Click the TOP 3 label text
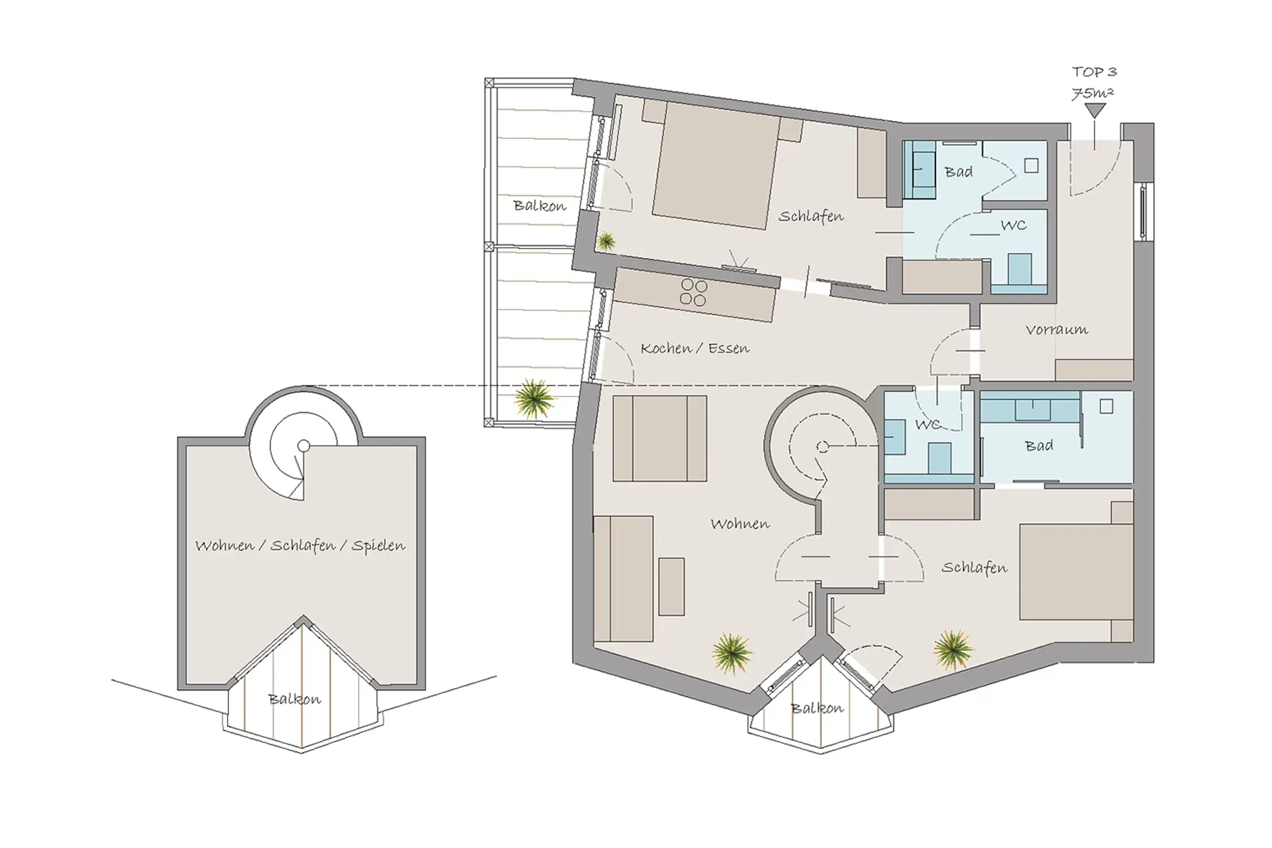point(1094,72)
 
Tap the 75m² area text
point(1093,93)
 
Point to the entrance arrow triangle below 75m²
point(1095,110)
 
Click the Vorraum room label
point(1057,330)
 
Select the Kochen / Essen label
point(695,348)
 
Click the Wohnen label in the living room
point(740,524)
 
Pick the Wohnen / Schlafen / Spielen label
point(300,546)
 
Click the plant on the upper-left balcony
point(534,398)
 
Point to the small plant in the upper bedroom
point(606,241)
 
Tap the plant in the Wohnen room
point(732,654)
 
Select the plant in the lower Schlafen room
point(953,650)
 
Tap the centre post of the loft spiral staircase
point(303,446)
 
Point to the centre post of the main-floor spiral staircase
point(822,447)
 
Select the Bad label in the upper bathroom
point(958,172)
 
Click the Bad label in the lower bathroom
point(1038,445)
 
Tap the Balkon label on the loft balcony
point(294,699)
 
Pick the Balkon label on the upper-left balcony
point(539,206)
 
